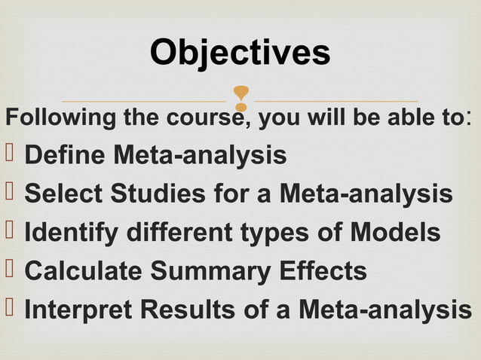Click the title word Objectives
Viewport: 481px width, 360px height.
coord(240,52)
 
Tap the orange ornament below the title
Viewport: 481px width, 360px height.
coord(240,100)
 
